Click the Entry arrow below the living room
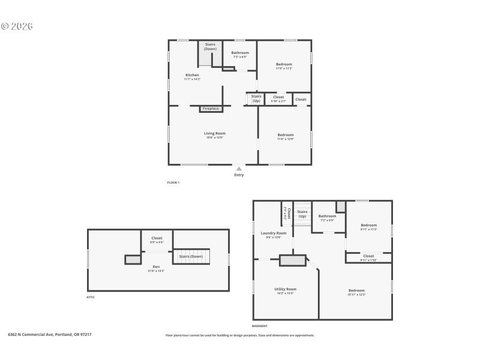pos(239,169)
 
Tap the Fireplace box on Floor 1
pos(211,109)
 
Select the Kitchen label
pos(192,75)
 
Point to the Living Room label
pos(214,133)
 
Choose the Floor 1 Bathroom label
pos(240,53)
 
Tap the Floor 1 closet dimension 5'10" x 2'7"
pos(278,101)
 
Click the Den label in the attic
pos(156,266)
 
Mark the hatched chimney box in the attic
pos(132,259)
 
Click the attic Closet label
pos(157,238)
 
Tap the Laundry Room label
pos(273,233)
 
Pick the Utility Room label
pos(285,289)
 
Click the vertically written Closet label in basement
pos(289,212)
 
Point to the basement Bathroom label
pos(327,216)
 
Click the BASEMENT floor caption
pos(260,326)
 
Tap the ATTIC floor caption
pos(91,297)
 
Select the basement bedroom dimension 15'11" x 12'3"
pos(356,295)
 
